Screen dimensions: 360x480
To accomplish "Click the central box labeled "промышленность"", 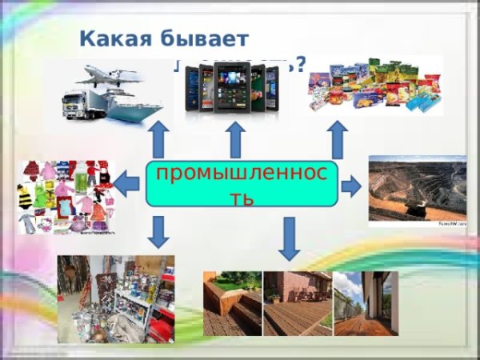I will click(x=242, y=184).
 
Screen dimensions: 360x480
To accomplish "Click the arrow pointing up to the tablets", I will click(x=235, y=140).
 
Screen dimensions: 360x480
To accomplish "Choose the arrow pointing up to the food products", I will click(x=338, y=140).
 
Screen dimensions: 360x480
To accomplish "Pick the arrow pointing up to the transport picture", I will click(x=158, y=140).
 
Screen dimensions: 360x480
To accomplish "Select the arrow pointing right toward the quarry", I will click(x=350, y=187).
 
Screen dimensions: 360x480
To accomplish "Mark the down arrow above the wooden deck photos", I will click(x=290, y=238).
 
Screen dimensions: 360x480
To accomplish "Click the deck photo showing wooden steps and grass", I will click(x=232, y=303).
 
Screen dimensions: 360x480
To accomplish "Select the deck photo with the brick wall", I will click(x=297, y=303).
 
